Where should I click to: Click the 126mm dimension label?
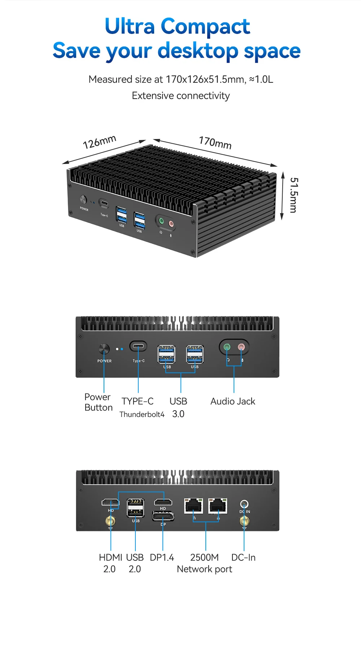(99, 142)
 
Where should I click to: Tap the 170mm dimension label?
(215, 143)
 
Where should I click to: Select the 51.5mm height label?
(294, 195)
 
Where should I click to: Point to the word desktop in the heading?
(198, 51)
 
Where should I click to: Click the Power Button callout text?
(98, 402)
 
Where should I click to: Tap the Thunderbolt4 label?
(142, 414)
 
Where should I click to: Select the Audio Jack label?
(233, 401)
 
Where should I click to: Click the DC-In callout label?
(243, 558)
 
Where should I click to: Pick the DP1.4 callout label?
(162, 558)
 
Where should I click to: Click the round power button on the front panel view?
(104, 349)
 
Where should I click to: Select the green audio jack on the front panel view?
(227, 347)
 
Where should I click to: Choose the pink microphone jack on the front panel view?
(241, 347)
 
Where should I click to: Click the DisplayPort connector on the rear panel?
(163, 517)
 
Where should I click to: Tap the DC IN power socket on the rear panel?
(244, 504)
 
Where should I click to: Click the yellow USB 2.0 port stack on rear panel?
(135, 508)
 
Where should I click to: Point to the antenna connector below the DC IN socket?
(244, 521)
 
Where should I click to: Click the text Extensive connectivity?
(180, 96)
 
